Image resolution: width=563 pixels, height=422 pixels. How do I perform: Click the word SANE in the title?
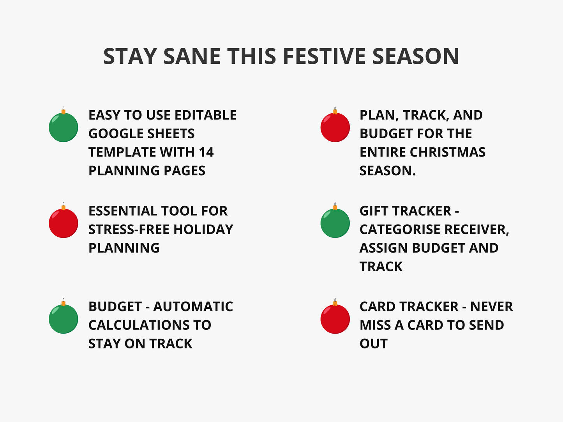click(x=192, y=56)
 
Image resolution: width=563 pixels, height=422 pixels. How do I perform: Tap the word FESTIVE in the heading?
click(x=324, y=56)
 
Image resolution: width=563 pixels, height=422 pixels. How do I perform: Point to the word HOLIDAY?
click(x=203, y=229)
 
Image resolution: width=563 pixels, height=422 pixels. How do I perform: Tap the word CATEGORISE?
click(x=400, y=229)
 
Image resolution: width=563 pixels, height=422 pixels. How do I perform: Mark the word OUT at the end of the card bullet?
click(x=374, y=344)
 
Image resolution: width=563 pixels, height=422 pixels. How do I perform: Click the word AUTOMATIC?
click(x=193, y=306)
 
